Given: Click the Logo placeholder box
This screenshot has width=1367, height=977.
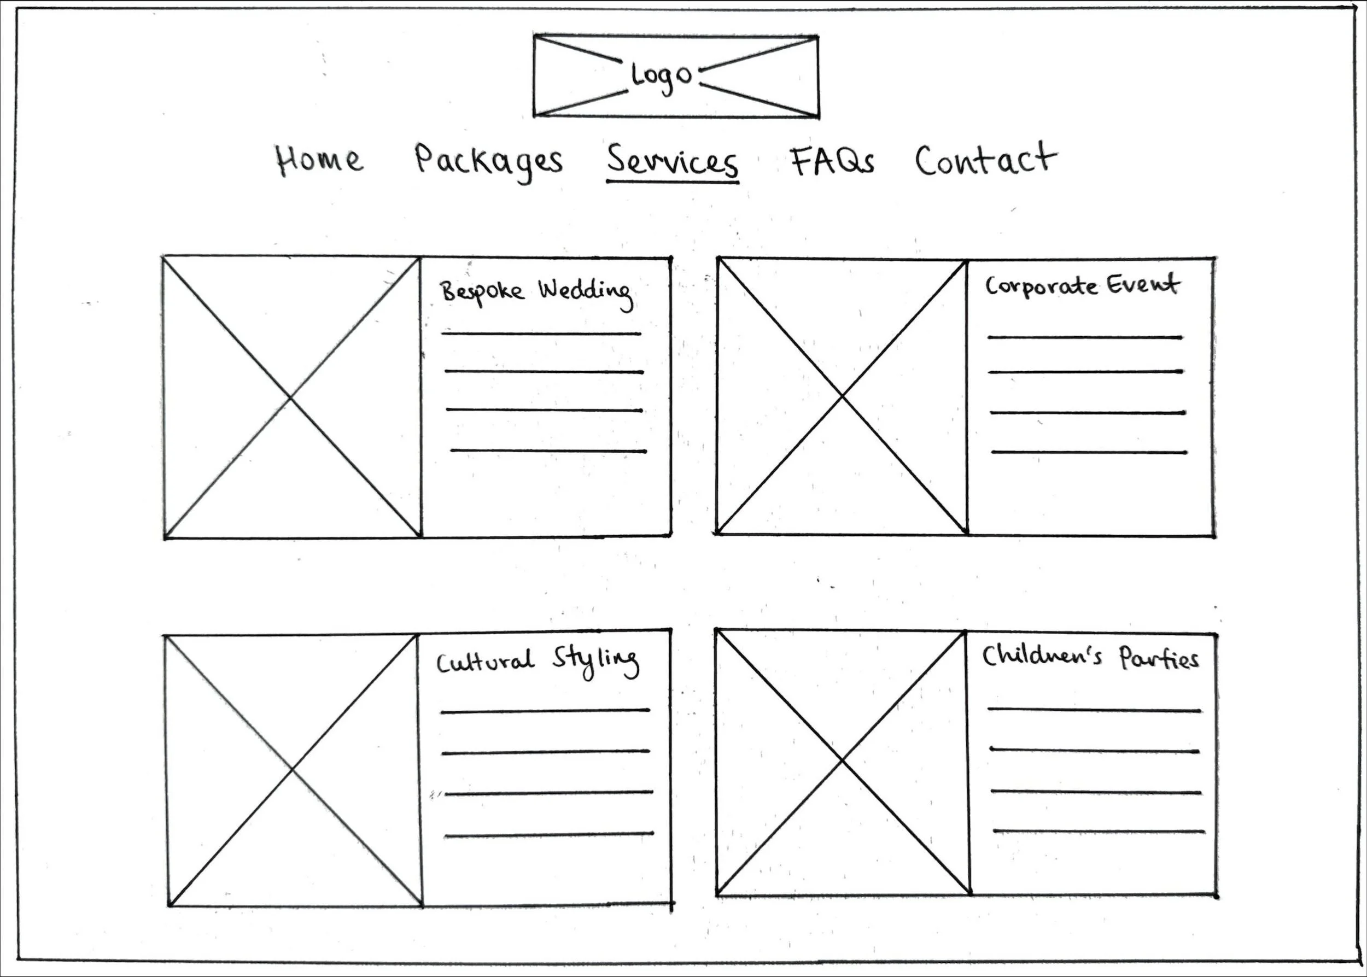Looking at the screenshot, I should (676, 76).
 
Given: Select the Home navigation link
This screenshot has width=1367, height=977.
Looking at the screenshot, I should (319, 160).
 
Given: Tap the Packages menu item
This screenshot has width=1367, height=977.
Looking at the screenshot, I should (488, 161).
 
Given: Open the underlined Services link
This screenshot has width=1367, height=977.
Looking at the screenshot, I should (672, 161).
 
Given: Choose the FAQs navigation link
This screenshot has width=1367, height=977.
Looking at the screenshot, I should (832, 161).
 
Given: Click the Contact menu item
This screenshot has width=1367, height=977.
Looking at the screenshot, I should (985, 160).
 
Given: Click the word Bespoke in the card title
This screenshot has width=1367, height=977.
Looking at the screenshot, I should (482, 292).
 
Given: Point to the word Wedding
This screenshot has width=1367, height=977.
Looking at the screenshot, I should (586, 292).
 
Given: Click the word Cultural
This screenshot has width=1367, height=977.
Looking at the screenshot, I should (485, 662).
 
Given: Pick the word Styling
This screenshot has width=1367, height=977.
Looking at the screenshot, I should (595, 661).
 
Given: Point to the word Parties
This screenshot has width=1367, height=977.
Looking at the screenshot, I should (1159, 659).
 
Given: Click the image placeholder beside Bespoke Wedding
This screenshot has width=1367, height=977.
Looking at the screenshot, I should (292, 397).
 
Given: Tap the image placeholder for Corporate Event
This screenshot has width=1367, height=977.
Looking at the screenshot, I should (842, 396).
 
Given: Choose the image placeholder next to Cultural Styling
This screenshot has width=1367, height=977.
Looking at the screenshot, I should (293, 769).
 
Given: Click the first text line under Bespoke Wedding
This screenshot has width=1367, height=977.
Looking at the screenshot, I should (541, 334).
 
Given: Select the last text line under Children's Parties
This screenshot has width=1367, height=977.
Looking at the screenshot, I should (1099, 832).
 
